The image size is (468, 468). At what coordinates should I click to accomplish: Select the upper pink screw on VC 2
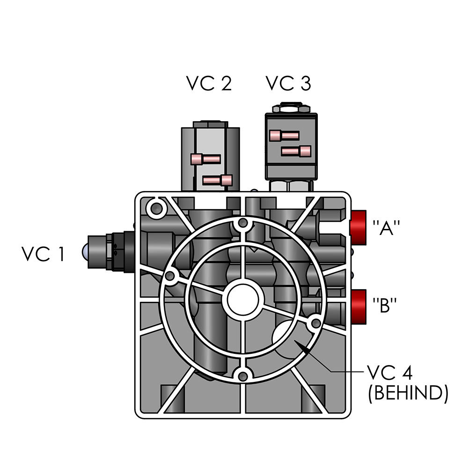[x=205, y=159]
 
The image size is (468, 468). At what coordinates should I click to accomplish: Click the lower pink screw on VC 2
[x=218, y=180]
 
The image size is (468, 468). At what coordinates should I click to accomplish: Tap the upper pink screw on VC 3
[x=284, y=136]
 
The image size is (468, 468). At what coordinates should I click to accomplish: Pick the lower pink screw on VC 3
[x=296, y=151]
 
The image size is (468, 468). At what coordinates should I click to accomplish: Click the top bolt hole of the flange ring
[x=242, y=225]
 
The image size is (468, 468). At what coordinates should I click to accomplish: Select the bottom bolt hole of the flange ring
[x=242, y=375]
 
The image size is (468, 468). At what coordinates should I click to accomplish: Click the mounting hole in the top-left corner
[x=156, y=206]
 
